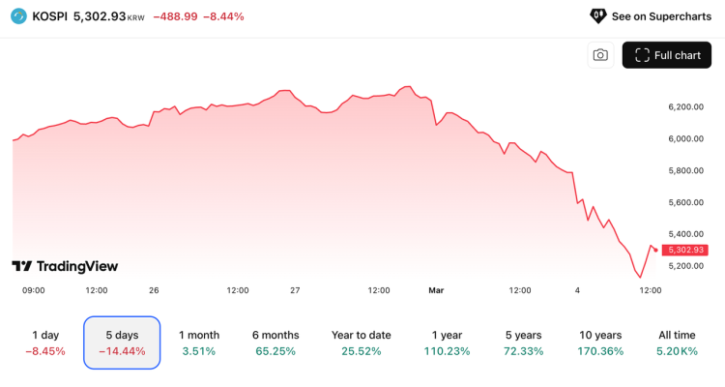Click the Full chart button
[667, 55]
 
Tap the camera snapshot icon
[600, 55]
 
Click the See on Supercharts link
[650, 16]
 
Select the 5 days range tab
[122, 342]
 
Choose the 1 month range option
[199, 342]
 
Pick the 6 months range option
[275, 342]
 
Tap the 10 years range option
[599, 342]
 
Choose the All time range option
[679, 342]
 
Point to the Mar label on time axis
[435, 289]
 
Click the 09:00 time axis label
[33, 289]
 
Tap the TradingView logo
[65, 266]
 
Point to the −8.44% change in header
[223, 16]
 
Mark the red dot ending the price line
[656, 250]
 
